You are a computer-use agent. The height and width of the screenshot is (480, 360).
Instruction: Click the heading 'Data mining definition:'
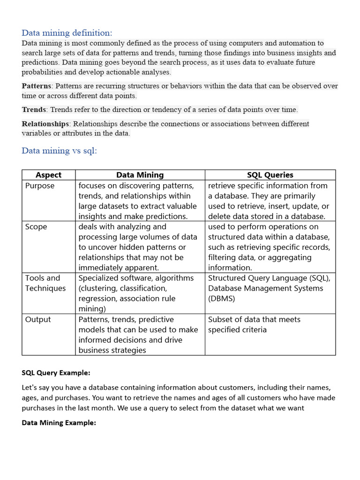coord(67,33)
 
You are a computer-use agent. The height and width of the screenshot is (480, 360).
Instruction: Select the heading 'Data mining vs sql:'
coord(59,151)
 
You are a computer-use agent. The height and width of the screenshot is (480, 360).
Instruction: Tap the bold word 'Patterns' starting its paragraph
coord(37,86)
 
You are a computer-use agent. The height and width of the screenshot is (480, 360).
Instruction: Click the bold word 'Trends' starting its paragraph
coord(34,110)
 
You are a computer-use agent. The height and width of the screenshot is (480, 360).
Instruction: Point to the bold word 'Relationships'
coord(45,124)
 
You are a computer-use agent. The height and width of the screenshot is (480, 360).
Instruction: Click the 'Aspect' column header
coord(48,175)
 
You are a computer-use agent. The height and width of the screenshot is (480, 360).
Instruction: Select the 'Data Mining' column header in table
coord(140,175)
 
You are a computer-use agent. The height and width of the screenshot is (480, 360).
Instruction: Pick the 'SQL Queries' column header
coord(270,175)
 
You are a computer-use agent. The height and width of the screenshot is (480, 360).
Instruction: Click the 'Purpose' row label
coord(40,186)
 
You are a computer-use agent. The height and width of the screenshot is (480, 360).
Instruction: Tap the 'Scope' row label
coord(36,227)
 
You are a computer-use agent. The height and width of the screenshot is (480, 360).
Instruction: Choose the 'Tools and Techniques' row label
coord(45,283)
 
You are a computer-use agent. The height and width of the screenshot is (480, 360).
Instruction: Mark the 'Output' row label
coord(38,320)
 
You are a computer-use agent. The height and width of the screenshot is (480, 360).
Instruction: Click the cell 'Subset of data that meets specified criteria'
coord(254,324)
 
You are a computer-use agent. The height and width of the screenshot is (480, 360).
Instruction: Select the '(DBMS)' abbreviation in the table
coord(222,299)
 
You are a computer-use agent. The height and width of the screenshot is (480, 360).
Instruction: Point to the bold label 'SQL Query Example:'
coord(56,373)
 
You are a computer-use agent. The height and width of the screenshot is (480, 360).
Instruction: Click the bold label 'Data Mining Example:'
coord(59,423)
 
